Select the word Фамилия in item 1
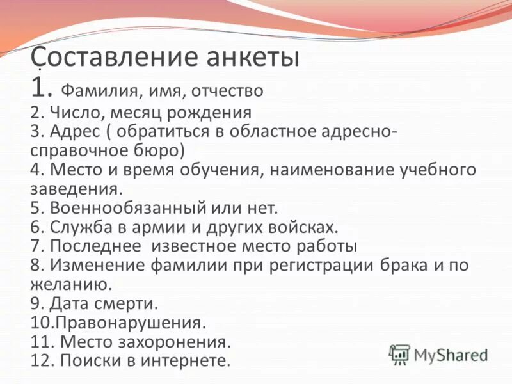tap(97, 90)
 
